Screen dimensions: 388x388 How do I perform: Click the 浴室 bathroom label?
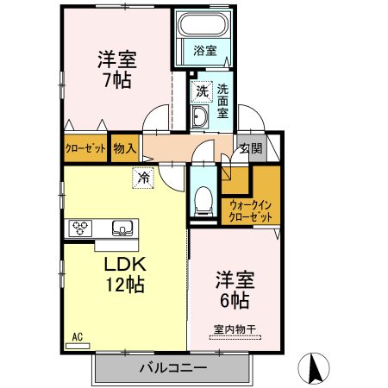[204, 51]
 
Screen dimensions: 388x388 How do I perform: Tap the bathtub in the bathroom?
[203, 27]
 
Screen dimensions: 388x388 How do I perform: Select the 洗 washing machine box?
[201, 90]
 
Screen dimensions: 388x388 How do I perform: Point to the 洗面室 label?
[222, 100]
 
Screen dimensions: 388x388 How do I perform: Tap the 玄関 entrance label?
[249, 148]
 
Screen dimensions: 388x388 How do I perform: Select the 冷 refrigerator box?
[141, 178]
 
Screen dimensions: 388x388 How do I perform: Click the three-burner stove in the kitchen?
[81, 228]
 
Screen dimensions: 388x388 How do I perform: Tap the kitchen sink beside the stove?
[122, 228]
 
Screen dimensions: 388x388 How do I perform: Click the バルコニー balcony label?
[172, 368]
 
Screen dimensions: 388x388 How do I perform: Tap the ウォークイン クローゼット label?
[251, 210]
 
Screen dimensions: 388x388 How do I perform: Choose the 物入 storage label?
[125, 148]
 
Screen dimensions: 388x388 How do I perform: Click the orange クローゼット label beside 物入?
[85, 148]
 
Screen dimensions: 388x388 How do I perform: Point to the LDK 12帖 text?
[124, 273]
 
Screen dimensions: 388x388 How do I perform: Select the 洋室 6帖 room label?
[232, 291]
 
